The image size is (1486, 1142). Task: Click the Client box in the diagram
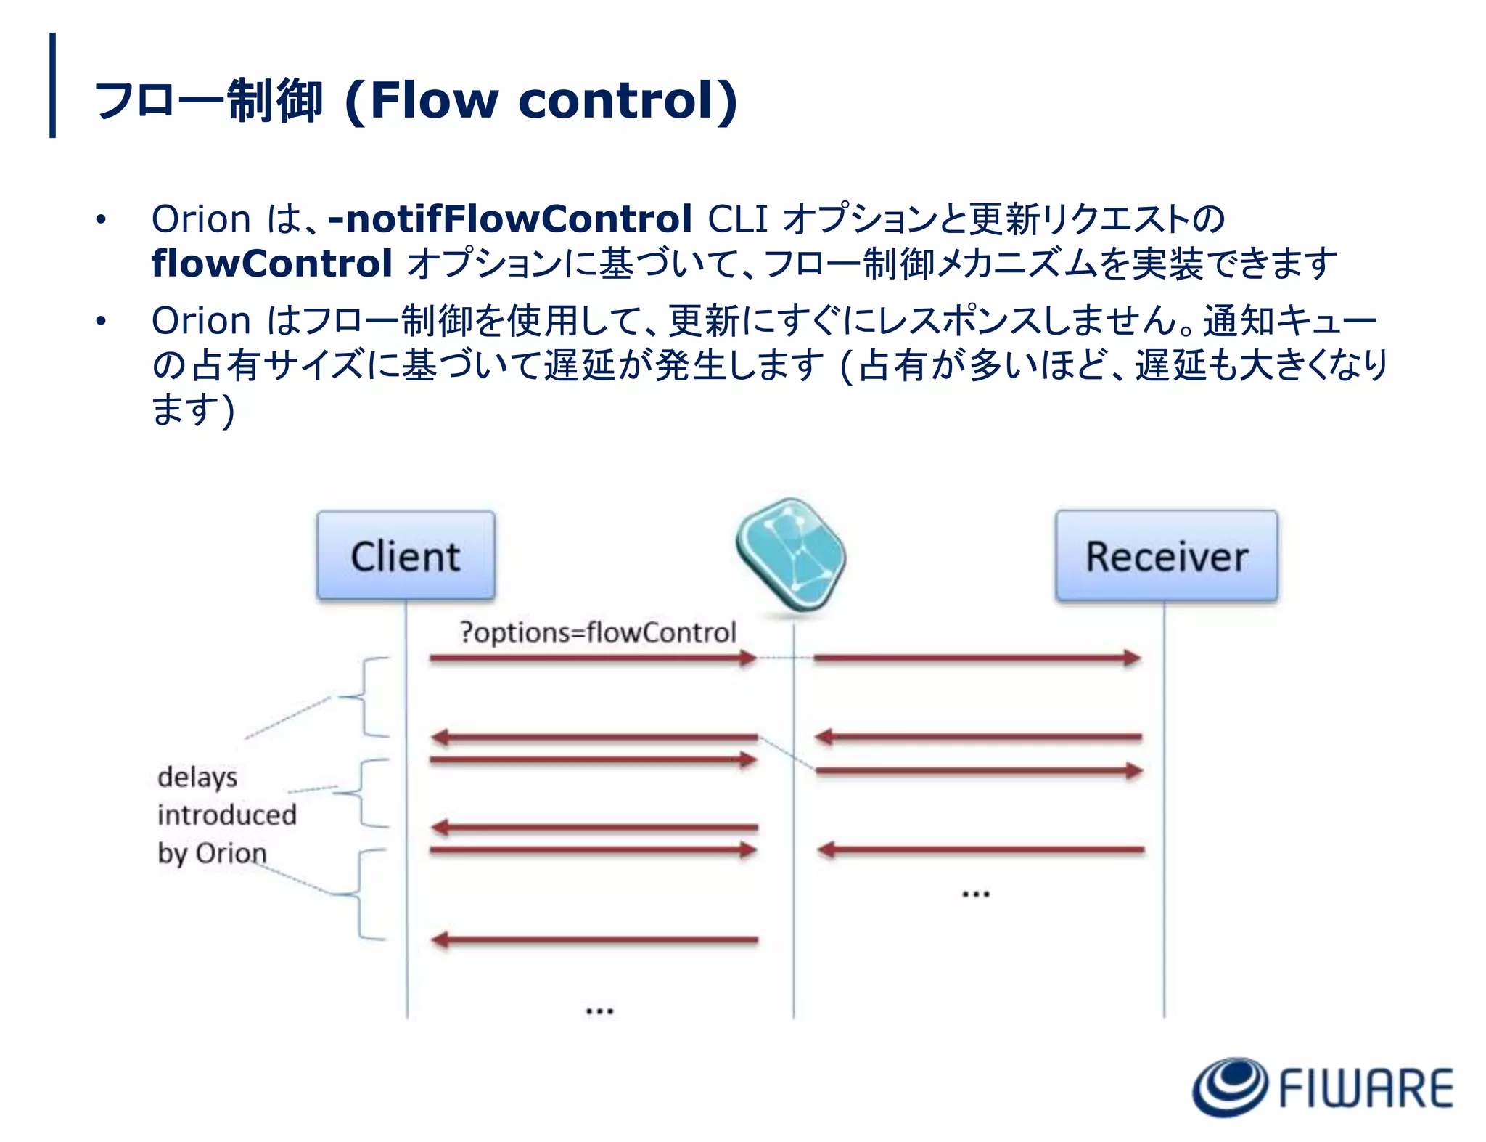(x=406, y=556)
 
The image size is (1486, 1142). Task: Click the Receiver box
(x=1166, y=556)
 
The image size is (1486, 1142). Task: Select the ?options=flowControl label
(x=598, y=632)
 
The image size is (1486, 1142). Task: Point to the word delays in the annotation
(x=197, y=777)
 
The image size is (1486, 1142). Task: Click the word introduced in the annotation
(x=227, y=815)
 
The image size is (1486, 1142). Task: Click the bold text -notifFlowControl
(x=510, y=219)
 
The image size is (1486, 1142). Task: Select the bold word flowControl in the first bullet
(x=272, y=263)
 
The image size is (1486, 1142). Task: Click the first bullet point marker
(x=100, y=219)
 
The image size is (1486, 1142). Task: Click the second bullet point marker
(x=100, y=321)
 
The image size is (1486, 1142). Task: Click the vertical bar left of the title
(x=52, y=85)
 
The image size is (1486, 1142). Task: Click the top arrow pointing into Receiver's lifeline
(x=977, y=658)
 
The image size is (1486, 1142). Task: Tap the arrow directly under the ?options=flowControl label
(x=592, y=658)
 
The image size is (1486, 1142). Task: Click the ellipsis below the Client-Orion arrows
(x=599, y=1010)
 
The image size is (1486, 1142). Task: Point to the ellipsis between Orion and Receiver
(x=975, y=894)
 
